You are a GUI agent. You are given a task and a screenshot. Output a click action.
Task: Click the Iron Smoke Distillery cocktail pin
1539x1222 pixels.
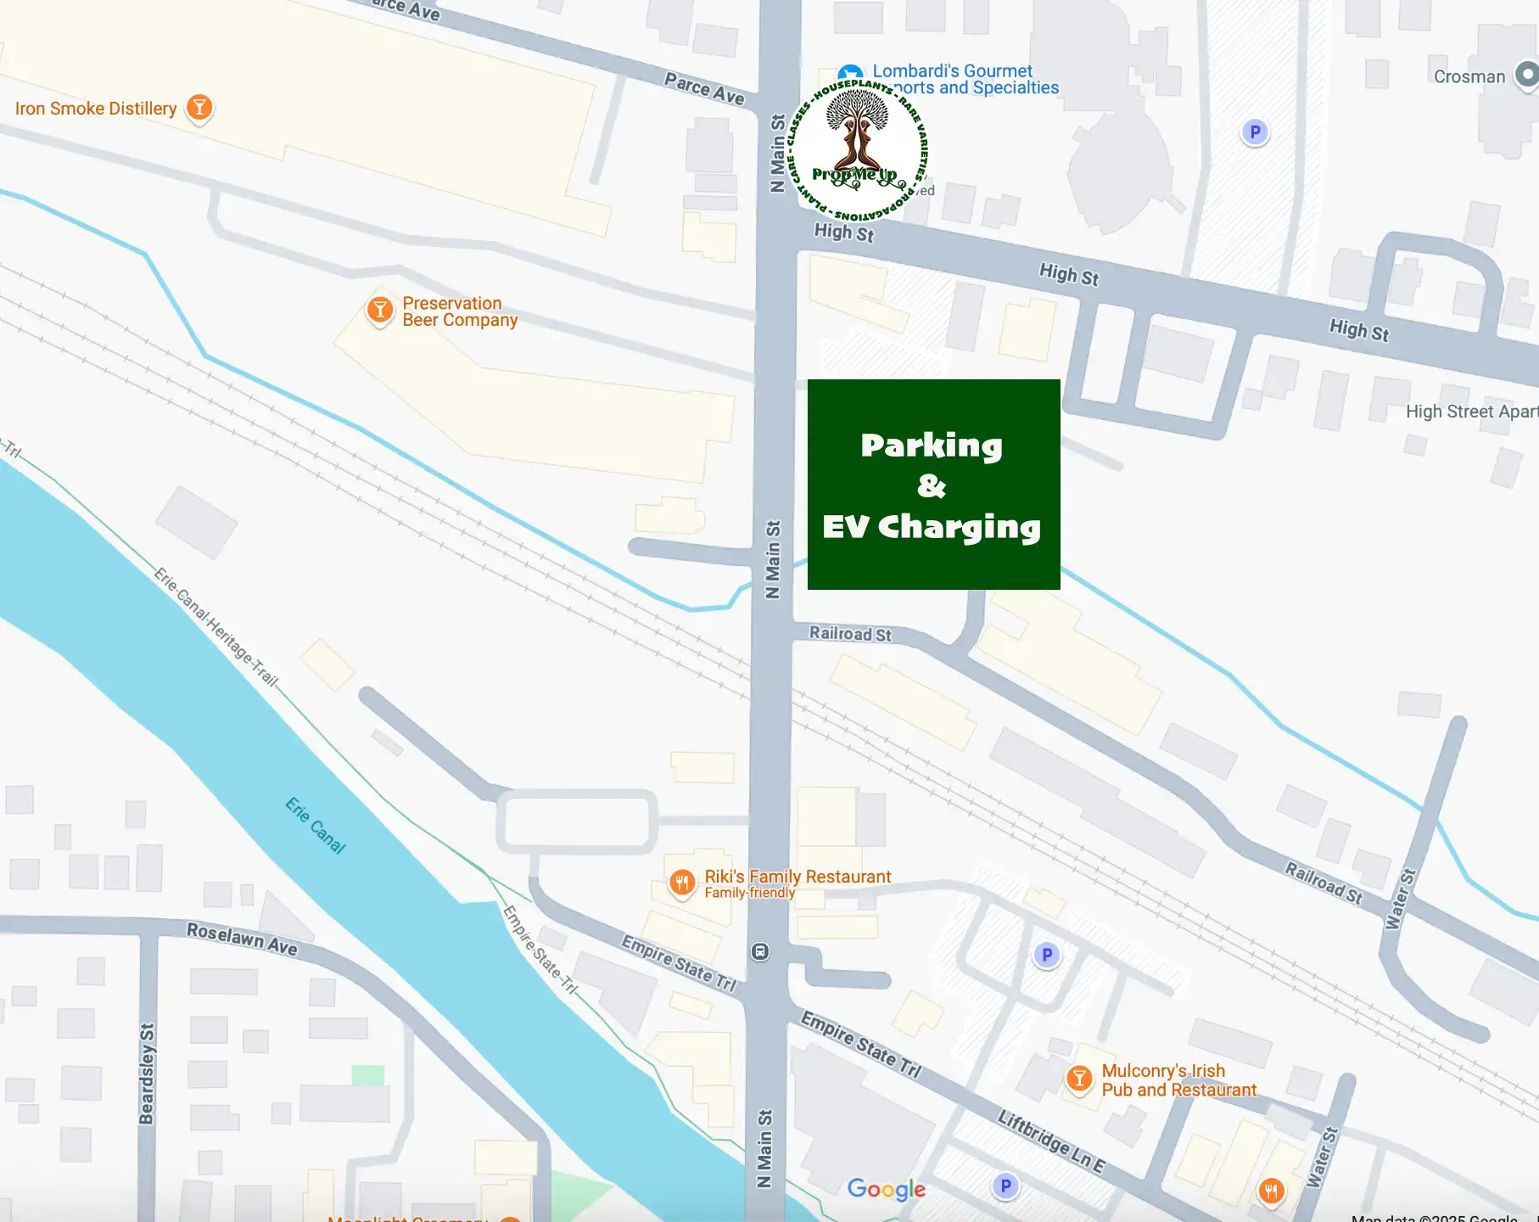click(199, 108)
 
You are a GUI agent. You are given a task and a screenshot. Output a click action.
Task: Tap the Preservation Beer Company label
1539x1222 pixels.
click(459, 311)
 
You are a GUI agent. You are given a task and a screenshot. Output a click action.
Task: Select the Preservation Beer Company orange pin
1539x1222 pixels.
click(380, 310)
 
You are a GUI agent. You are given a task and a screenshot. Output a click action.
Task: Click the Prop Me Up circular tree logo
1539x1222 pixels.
click(858, 151)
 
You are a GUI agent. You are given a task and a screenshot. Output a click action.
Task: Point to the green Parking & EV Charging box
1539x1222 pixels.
click(933, 485)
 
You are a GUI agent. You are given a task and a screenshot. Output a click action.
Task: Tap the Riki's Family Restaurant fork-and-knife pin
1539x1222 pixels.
click(682, 883)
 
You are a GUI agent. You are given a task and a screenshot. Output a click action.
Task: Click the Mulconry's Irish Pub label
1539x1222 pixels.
click(1178, 1080)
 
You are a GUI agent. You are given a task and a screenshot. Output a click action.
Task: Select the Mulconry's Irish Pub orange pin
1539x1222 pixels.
click(1079, 1079)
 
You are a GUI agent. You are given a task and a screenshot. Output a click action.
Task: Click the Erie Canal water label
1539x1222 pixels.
click(316, 825)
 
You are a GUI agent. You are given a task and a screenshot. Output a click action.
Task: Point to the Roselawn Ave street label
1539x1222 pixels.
click(242, 939)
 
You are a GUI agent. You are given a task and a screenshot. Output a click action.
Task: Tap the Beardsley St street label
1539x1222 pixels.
click(147, 1073)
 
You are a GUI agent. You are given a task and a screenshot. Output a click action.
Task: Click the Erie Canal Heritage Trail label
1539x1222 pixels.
click(216, 627)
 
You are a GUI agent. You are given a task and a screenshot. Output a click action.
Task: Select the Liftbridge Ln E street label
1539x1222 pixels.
click(1051, 1141)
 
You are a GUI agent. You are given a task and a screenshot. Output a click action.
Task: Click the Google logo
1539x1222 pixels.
click(886, 1189)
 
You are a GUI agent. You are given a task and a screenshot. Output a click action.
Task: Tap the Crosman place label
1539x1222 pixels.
click(1469, 76)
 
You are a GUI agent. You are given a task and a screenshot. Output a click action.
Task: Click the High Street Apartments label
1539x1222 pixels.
click(1471, 412)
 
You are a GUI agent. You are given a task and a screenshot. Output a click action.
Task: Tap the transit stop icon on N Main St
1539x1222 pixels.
click(760, 952)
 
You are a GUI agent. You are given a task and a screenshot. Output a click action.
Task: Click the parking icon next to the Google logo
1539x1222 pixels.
click(1005, 1186)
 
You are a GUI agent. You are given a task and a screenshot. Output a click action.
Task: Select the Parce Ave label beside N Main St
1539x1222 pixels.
click(704, 88)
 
